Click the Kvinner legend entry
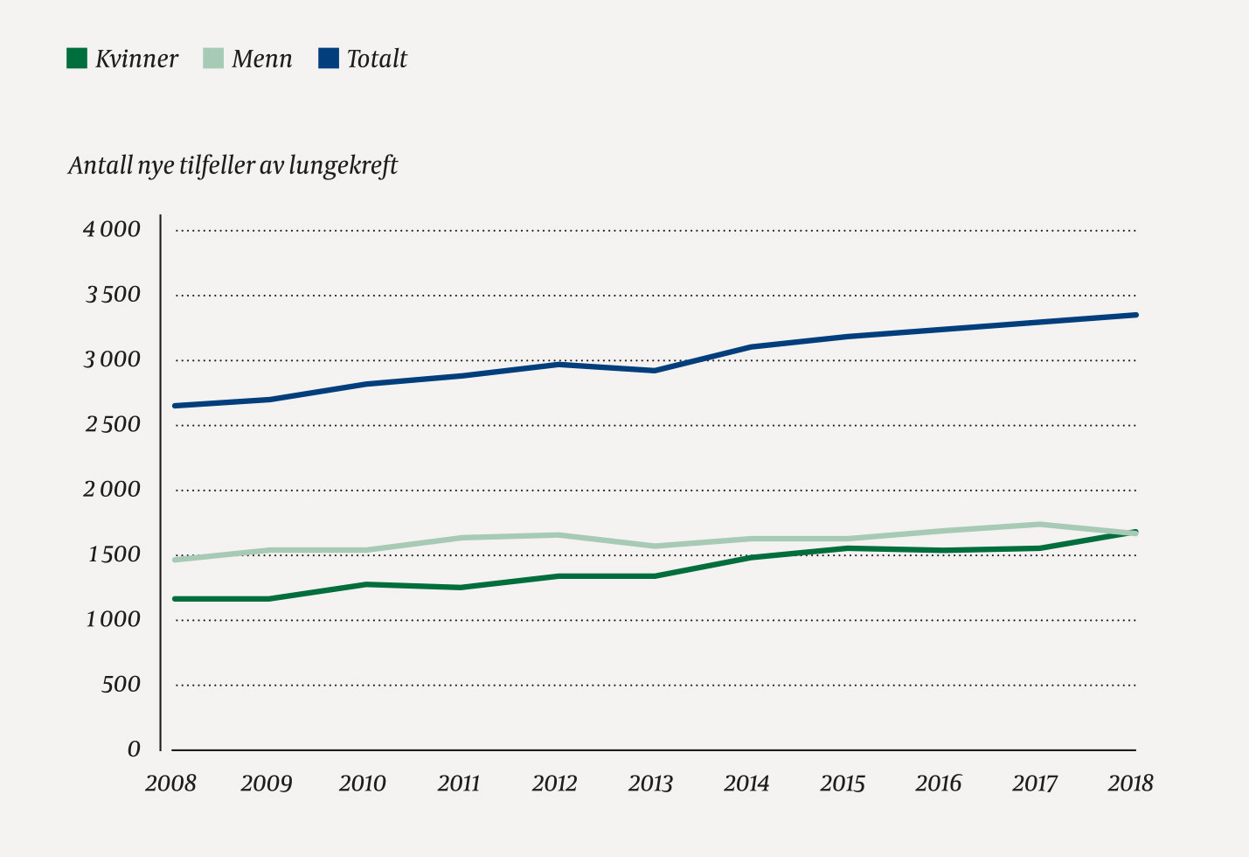[x=123, y=59]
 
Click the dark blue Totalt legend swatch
[x=329, y=59]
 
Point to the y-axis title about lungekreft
[x=232, y=165]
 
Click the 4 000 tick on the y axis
[x=112, y=230]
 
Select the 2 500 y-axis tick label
[x=112, y=425]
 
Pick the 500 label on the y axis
[x=121, y=685]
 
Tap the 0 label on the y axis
[x=134, y=749]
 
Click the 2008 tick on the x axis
[x=171, y=783]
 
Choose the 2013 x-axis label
[x=650, y=783]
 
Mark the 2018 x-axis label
[x=1130, y=783]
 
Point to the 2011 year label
[x=459, y=783]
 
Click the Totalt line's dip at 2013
[x=655, y=370]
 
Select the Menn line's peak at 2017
[x=1039, y=525]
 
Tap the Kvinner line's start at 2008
[x=176, y=599]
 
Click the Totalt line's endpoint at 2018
[x=1135, y=315]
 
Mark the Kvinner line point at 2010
[x=366, y=584]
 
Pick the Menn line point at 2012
[x=558, y=535]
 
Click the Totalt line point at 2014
[x=751, y=347]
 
